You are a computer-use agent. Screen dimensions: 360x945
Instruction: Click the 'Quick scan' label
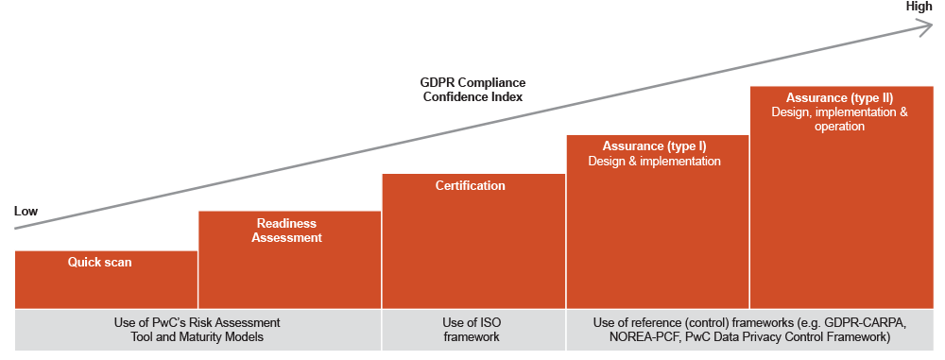coord(99,262)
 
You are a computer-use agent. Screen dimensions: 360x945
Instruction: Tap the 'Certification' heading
coord(470,185)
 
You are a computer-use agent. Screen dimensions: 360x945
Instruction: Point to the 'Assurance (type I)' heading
coord(654,146)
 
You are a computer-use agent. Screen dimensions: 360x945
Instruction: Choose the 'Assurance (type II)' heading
coord(839,97)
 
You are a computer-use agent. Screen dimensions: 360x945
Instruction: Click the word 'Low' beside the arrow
coord(26,212)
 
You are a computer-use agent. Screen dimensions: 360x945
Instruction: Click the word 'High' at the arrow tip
coord(919,7)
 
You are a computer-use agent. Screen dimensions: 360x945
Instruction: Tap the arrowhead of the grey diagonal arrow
coord(926,27)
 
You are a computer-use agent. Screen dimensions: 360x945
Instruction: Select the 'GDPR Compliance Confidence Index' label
coord(472,89)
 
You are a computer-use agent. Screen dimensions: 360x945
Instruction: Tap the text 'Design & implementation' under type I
coord(654,162)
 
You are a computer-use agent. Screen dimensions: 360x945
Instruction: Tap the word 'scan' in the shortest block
coord(117,262)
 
